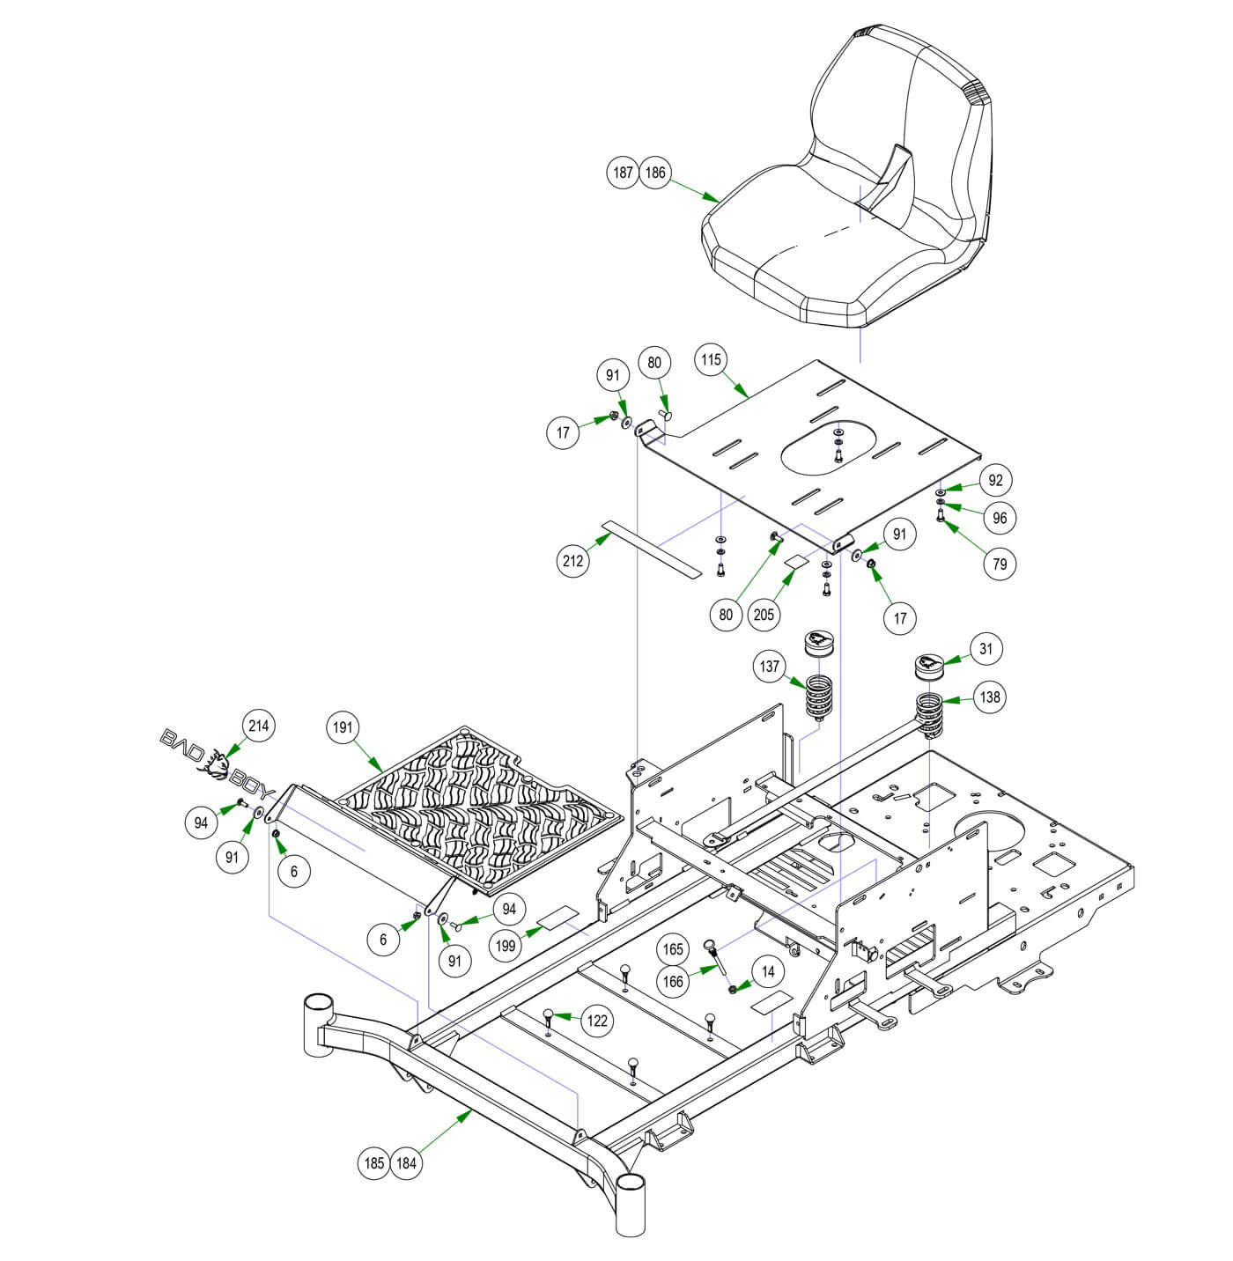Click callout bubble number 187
(624, 173)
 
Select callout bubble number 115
(712, 359)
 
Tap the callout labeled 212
(573, 561)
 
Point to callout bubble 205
(764, 614)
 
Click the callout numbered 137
(770, 667)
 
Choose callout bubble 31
(986, 650)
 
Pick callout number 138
(990, 697)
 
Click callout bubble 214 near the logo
(258, 726)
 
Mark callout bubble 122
(598, 1021)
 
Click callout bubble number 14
(769, 971)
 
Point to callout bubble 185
(374, 1163)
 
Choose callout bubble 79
(1000, 563)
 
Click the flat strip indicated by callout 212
(652, 551)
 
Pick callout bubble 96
(1000, 518)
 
